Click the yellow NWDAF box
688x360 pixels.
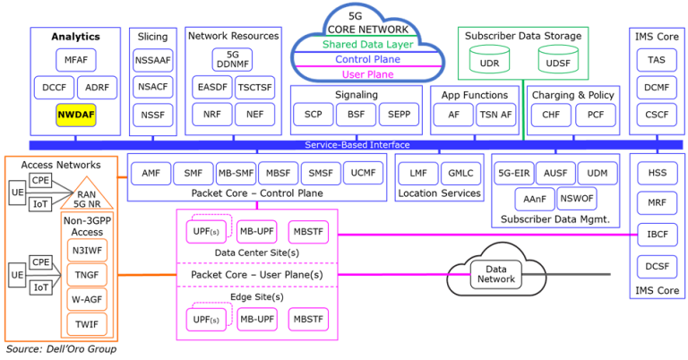(x=75, y=116)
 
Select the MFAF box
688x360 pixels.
(x=75, y=61)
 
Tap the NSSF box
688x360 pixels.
(x=152, y=116)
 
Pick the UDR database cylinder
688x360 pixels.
(x=490, y=61)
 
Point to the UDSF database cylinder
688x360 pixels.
(x=557, y=61)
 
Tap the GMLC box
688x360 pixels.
(x=460, y=173)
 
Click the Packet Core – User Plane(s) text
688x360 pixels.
(x=256, y=274)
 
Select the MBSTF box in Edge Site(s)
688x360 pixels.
(x=309, y=318)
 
